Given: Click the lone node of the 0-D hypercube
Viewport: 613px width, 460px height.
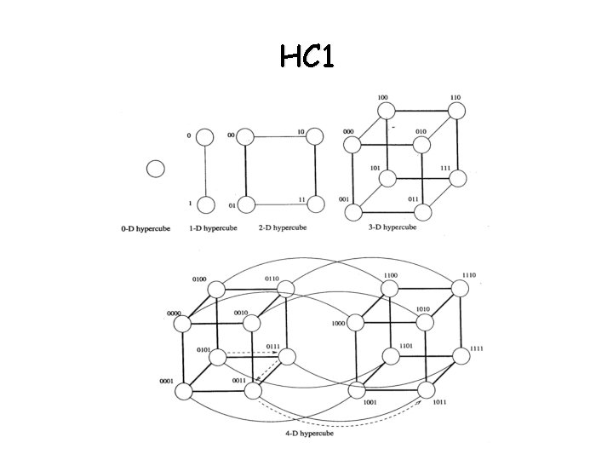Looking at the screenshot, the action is pyautogui.click(x=155, y=169).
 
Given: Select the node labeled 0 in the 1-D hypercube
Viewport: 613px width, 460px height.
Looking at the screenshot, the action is pyautogui.click(x=204, y=136).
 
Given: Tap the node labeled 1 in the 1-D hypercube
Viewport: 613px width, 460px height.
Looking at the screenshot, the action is pyautogui.click(x=204, y=204).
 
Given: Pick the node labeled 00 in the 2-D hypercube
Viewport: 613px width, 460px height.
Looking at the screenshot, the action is pyautogui.click(x=247, y=136).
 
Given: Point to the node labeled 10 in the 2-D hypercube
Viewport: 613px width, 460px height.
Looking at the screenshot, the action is pyautogui.click(x=314, y=136).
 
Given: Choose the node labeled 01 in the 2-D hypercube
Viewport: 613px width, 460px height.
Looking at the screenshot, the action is pyautogui.click(x=247, y=204).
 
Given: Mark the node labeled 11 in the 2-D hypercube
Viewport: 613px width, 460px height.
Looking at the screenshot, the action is pyautogui.click(x=314, y=204).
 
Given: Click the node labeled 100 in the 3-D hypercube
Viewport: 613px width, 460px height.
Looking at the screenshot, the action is pyautogui.click(x=387, y=110).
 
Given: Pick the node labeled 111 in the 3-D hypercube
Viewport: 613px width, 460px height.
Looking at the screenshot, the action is pyautogui.click(x=459, y=178).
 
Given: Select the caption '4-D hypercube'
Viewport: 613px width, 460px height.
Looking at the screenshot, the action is pyautogui.click(x=308, y=434).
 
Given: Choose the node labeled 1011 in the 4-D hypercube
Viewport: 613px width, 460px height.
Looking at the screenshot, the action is pyautogui.click(x=427, y=391).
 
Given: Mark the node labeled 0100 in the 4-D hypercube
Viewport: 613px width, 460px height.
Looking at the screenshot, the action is pyautogui.click(x=217, y=289).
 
